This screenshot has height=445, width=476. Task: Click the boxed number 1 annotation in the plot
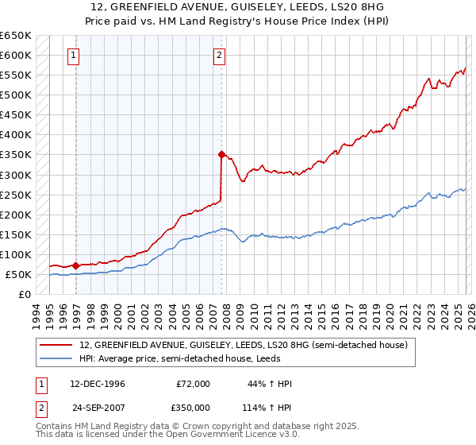point(73,56)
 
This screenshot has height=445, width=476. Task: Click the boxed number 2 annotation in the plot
point(218,56)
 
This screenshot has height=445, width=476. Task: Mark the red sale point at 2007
point(222,154)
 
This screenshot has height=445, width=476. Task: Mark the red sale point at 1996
point(76,265)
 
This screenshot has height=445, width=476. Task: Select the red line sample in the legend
point(56,345)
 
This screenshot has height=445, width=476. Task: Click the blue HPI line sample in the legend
point(56,359)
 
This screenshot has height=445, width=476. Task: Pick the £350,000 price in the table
point(194,408)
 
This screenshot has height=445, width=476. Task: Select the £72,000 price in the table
point(194,384)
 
